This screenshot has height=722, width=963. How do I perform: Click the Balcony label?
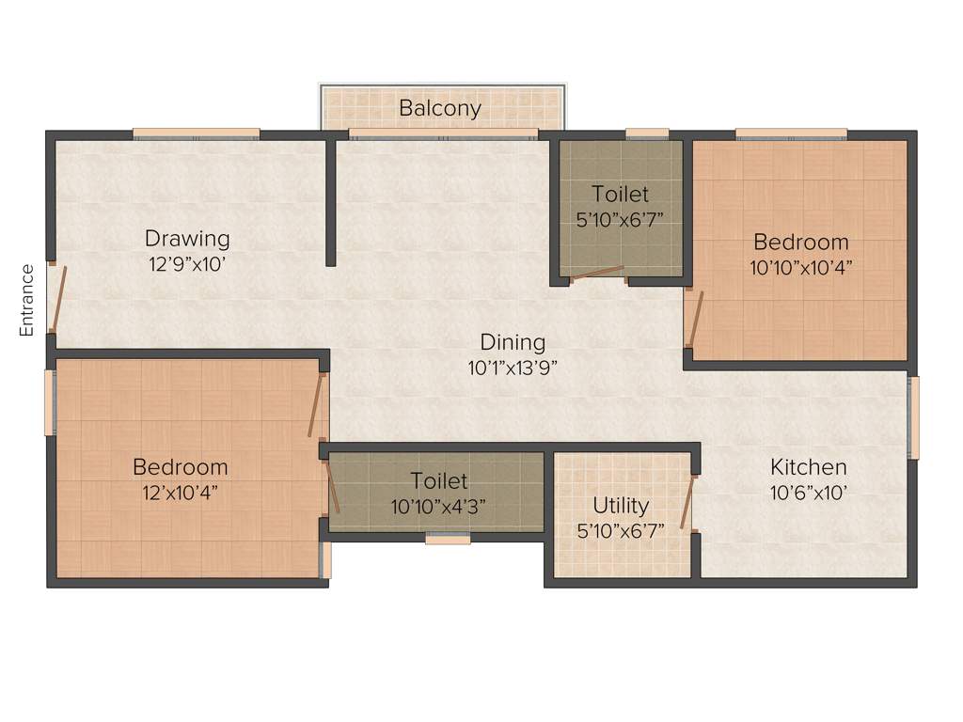440,108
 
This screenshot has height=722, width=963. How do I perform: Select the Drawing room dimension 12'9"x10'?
187,265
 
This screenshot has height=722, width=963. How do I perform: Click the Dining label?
513,342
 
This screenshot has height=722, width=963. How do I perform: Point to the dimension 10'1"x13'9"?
513,369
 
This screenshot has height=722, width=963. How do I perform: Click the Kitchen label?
808,467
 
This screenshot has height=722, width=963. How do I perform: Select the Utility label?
621,506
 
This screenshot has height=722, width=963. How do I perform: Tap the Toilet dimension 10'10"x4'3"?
439,507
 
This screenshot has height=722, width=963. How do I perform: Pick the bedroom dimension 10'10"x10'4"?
801,266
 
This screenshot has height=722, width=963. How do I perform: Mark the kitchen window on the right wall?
913,417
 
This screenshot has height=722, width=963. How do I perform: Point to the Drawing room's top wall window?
196,133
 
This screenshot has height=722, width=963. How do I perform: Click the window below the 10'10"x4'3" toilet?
448,540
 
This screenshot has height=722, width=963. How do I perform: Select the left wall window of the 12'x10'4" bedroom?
51,402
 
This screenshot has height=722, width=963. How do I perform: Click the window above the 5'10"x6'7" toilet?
647,133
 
